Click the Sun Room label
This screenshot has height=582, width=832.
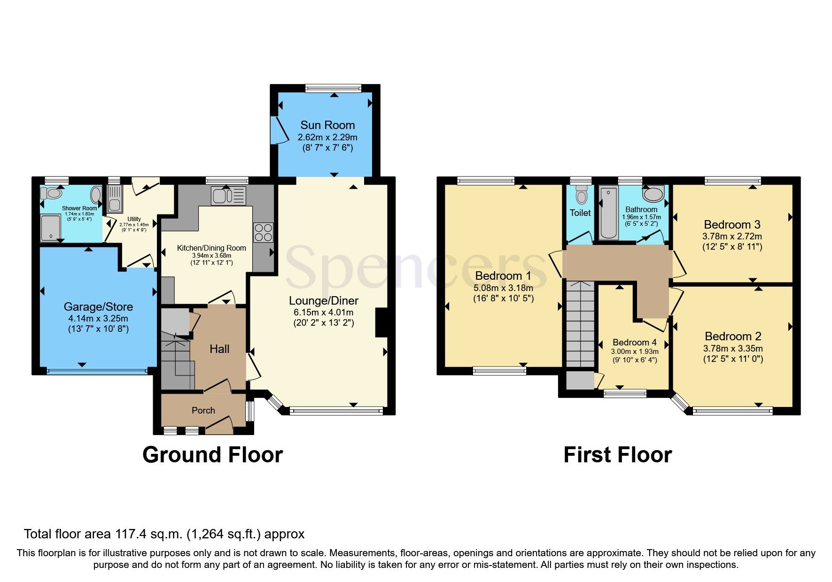pos(327,125)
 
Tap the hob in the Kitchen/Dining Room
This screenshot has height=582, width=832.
pos(263,232)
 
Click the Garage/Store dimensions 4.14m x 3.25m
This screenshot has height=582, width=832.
pos(98,318)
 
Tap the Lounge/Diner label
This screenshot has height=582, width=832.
pos(324,301)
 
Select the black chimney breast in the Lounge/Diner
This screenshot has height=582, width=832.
pos(381,322)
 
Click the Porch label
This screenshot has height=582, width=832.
pos(203,410)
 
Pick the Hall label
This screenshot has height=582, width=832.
pos(219,349)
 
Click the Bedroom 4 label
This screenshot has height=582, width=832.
pos(635,342)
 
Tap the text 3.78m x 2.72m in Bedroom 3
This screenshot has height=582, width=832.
pos(732,236)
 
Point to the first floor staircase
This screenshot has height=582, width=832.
pos(581,324)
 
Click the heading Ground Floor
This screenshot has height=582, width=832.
pos(212,455)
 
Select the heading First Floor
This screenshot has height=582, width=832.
pos(617,455)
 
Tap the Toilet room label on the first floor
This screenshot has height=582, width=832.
pos(580,213)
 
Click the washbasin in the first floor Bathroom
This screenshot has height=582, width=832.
pos(653,194)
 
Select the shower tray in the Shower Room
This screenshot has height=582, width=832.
pos(50,228)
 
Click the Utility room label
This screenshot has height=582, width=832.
pos(134,219)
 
